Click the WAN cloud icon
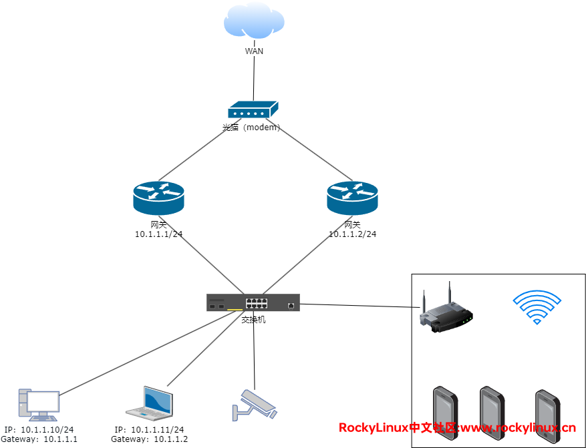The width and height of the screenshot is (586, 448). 254,21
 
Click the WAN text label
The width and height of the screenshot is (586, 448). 254,51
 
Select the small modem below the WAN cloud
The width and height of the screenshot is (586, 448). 253,110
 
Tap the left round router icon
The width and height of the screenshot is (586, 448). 158,198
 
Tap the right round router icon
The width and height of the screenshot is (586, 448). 352,198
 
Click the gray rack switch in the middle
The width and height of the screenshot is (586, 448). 253,302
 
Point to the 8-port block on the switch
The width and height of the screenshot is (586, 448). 257,303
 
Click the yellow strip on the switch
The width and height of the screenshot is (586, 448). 235,309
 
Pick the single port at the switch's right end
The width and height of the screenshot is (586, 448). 291,305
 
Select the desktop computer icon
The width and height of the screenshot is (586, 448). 38,405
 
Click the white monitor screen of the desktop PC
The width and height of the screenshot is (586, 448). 43,401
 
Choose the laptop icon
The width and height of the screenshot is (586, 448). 150,403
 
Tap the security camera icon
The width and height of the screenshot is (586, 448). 254,405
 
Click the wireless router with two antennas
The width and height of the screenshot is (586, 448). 443,312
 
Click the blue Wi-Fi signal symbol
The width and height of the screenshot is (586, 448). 537,306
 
